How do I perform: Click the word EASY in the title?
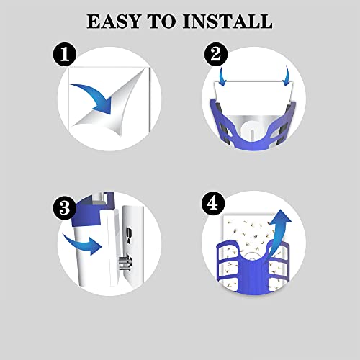[x=113, y=22]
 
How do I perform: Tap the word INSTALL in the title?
[x=228, y=22]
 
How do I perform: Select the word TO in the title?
[x=161, y=22]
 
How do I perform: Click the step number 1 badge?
[x=65, y=55]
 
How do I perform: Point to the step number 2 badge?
[x=216, y=55]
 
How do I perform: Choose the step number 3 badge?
[x=65, y=207]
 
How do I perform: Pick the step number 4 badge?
[x=213, y=204]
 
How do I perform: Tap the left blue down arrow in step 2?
[x=222, y=76]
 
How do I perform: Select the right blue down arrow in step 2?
[x=287, y=76]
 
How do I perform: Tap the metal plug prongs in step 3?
[x=125, y=263]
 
